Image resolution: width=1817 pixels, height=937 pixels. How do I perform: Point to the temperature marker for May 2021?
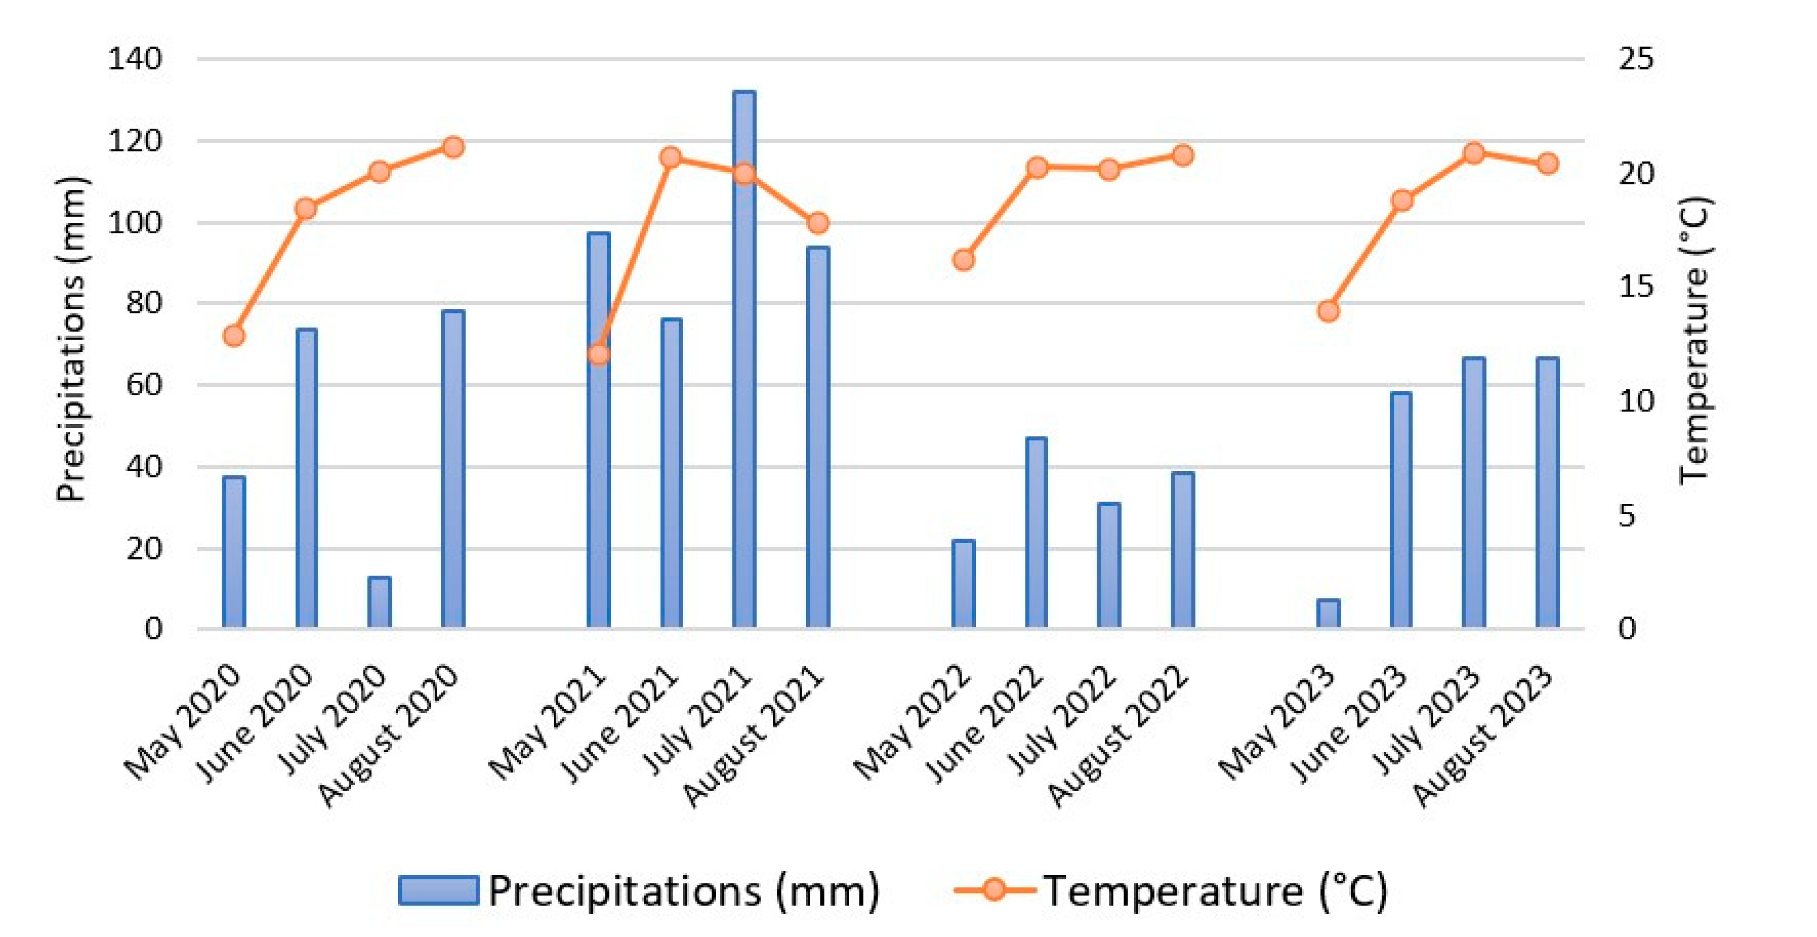point(598,353)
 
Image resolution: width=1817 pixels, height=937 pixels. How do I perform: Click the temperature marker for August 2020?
point(453,146)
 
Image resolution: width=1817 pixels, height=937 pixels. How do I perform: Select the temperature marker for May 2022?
point(963,260)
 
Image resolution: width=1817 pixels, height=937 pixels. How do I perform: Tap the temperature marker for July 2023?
point(1473,153)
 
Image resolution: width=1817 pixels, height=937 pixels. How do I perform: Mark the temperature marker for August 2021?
point(817,223)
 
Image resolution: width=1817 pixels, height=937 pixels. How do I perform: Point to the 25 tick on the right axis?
point(1635,59)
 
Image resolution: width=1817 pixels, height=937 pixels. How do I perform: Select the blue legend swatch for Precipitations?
point(439,890)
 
